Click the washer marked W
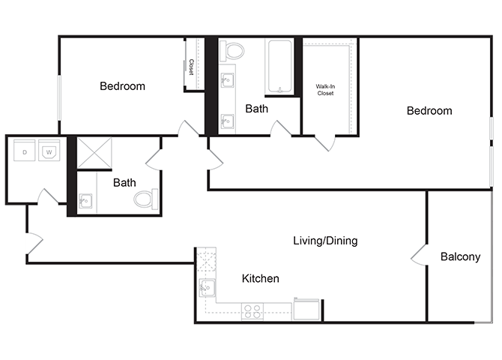click(49, 152)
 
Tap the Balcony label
click(460, 257)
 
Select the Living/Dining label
click(324, 241)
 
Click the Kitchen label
click(260, 279)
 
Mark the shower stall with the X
click(94, 153)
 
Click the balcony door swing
click(418, 257)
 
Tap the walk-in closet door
click(324, 142)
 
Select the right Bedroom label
click(429, 111)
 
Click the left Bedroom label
click(122, 86)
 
